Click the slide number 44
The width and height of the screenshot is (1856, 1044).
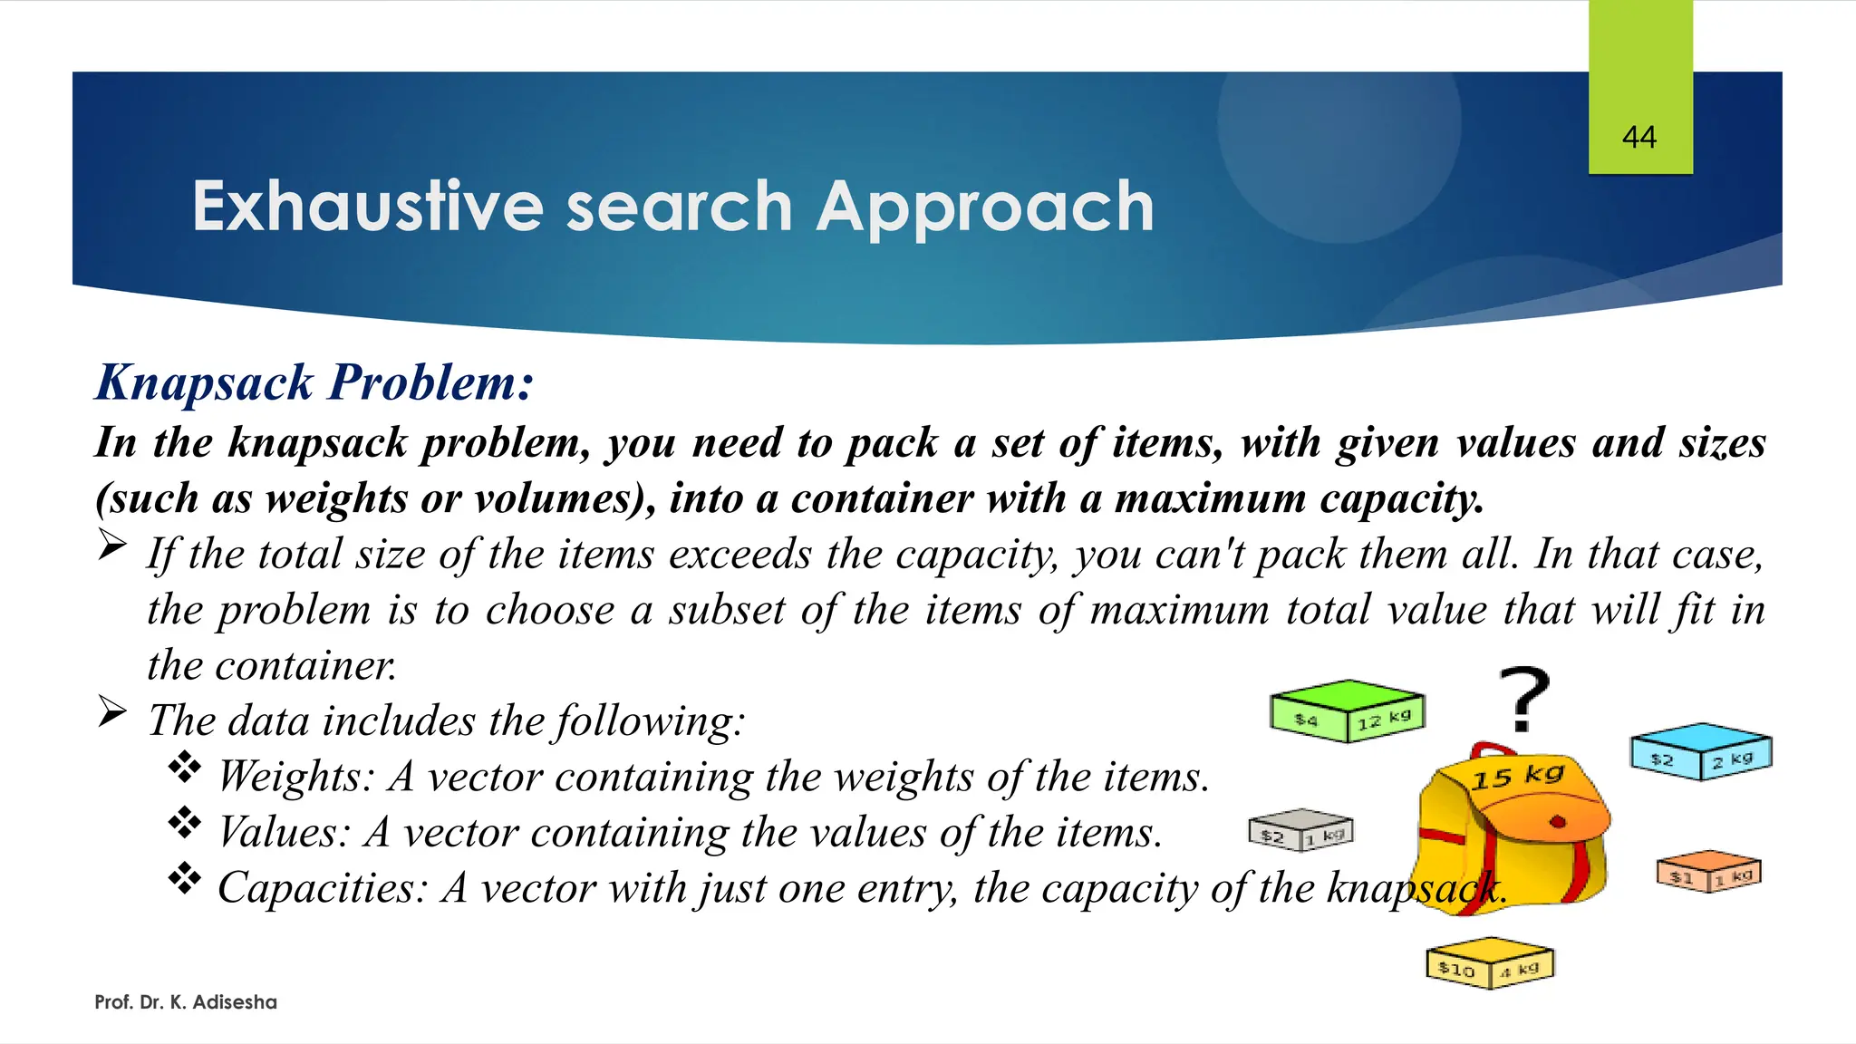coord(1639,138)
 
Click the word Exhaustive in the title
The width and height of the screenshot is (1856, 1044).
coord(367,207)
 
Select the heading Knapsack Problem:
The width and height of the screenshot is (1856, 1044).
coord(314,382)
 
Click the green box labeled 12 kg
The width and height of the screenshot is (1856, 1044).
coord(1348,711)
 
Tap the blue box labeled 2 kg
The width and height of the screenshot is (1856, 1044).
coord(1701,752)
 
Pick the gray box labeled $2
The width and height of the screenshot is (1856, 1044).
coord(1300,830)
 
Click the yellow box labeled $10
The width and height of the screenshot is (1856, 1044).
coord(1490,964)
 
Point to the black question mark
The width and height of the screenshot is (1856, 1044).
coord(1524,699)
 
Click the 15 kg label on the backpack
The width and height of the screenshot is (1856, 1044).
coord(1518,777)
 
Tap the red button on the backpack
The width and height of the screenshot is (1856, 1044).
coord(1558,822)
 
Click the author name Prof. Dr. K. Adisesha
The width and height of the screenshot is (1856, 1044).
coord(186,1002)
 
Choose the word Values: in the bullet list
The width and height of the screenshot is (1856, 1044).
coord(284,832)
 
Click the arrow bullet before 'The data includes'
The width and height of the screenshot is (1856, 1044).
coord(112,712)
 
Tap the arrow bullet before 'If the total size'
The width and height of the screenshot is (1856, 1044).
coord(112,546)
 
